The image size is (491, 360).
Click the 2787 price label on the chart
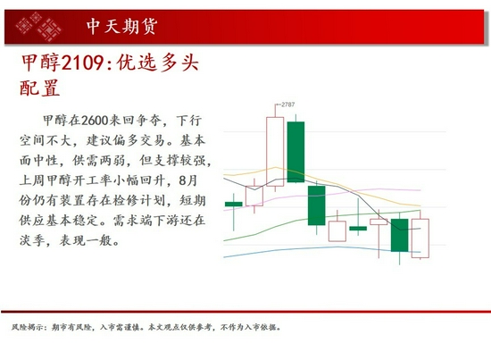click(x=287, y=105)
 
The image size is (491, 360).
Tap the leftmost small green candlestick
click(x=234, y=205)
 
